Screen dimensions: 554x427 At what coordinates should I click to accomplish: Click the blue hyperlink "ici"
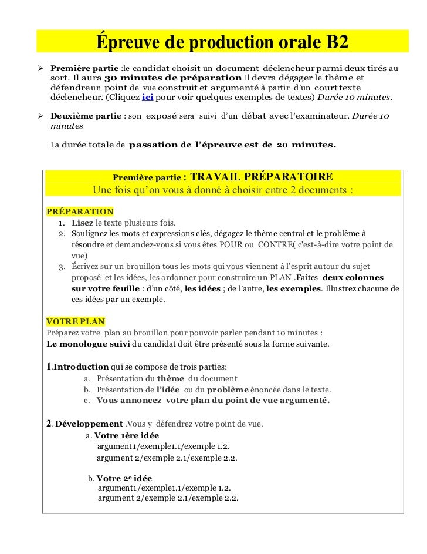147,97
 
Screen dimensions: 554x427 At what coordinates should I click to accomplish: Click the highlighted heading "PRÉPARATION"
80,211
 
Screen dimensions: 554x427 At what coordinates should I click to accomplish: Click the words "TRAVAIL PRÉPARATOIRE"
262,177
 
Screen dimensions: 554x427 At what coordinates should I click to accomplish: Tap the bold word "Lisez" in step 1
83,223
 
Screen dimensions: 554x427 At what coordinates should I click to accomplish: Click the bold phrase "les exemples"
293,288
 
